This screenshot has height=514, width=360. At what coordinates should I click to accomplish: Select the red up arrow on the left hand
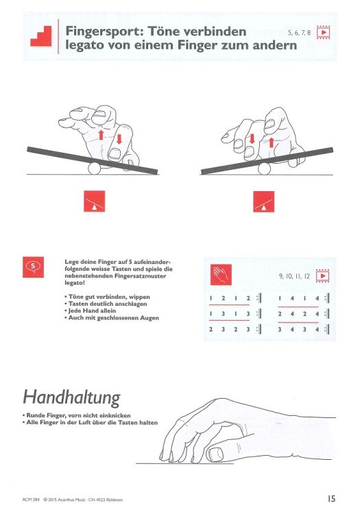[101, 136]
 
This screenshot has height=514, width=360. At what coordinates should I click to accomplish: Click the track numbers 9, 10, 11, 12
[293, 278]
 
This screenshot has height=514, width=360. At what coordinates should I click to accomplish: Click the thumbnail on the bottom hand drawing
[218, 452]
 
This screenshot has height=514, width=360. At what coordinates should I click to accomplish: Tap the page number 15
[331, 498]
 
